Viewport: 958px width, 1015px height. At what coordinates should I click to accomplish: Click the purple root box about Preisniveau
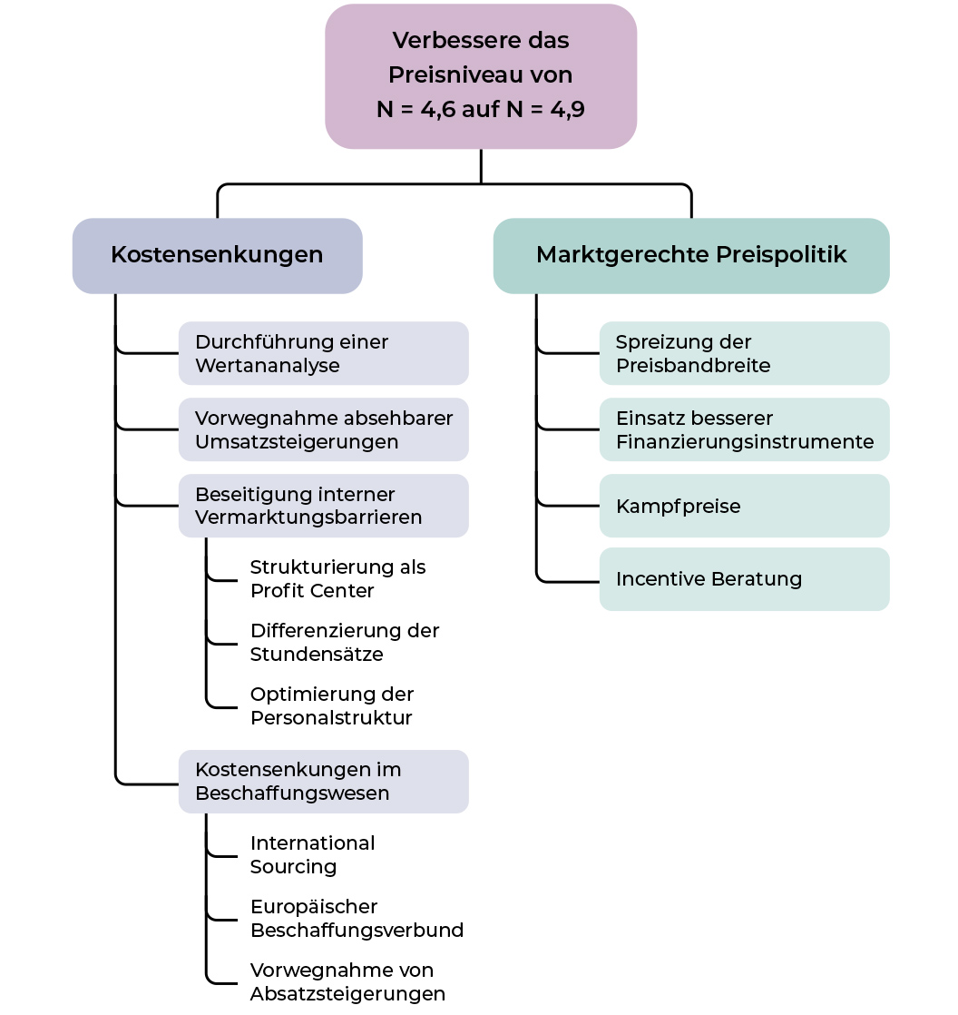pos(481,76)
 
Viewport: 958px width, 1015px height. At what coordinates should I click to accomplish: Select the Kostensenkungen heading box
pos(217,255)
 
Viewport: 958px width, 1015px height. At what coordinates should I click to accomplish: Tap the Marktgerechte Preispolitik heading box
pos(691,255)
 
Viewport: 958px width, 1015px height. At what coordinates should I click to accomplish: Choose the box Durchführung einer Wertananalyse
pos(323,353)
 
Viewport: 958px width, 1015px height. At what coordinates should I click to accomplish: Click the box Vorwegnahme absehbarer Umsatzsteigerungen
pos(323,429)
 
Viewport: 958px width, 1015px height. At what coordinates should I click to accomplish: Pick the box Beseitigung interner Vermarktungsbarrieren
pos(323,506)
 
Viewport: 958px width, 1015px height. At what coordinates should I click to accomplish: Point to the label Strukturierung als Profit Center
pos(337,578)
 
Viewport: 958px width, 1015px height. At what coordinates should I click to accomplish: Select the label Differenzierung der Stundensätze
pos(345,642)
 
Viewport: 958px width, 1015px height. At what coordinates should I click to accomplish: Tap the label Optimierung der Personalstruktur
pos(332,705)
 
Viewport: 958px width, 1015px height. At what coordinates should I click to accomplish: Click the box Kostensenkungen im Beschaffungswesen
pos(323,782)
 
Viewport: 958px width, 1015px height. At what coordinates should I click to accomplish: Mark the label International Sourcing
pos(312,854)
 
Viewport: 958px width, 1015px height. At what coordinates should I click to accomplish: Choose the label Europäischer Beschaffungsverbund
pos(357,918)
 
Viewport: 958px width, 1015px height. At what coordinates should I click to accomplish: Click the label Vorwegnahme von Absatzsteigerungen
pos(347,981)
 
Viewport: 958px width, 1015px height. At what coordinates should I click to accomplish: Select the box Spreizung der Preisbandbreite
pos(744,353)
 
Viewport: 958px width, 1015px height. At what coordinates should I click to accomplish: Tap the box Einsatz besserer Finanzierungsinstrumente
pos(744,429)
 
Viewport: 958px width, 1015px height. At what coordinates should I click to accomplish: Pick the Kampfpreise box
pos(744,506)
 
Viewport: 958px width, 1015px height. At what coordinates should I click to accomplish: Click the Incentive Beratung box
pos(744,578)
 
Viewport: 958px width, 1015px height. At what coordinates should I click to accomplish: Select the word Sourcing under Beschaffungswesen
pos(293,866)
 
